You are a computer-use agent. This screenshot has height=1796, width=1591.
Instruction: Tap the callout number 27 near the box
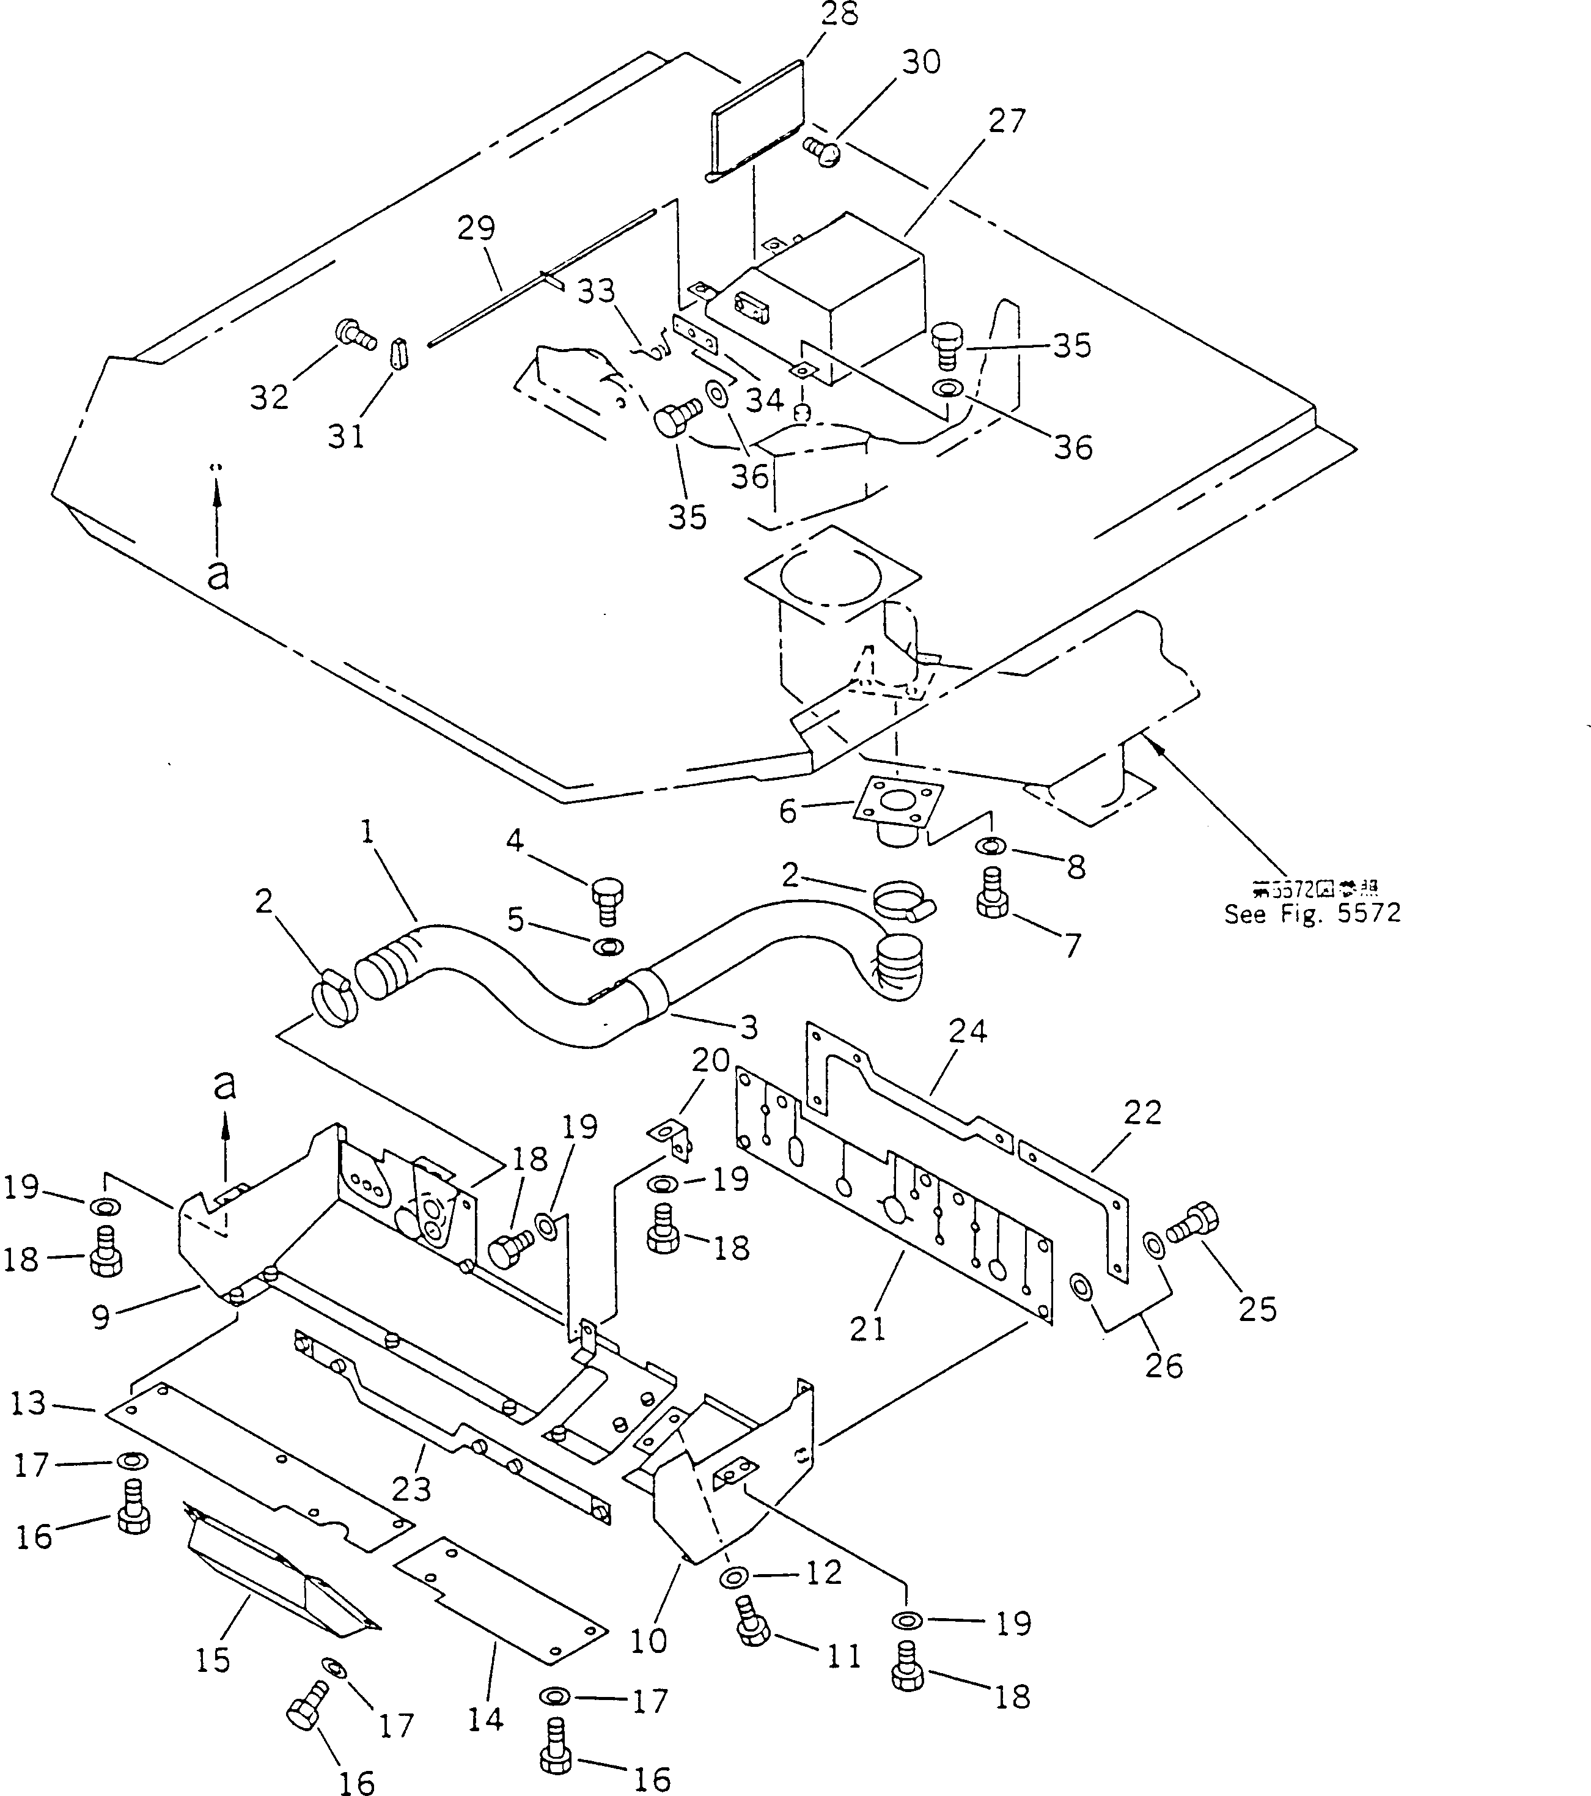pos(1006,121)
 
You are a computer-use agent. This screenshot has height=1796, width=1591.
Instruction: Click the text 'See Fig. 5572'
pos(1312,914)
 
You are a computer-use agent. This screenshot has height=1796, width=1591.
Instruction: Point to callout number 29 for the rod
pos(476,229)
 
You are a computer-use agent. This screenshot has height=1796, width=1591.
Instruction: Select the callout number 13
pos(29,1403)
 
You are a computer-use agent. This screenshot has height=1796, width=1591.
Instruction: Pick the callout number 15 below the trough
pos(213,1660)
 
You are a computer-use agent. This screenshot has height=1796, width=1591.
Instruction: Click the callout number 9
pos(101,1317)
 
